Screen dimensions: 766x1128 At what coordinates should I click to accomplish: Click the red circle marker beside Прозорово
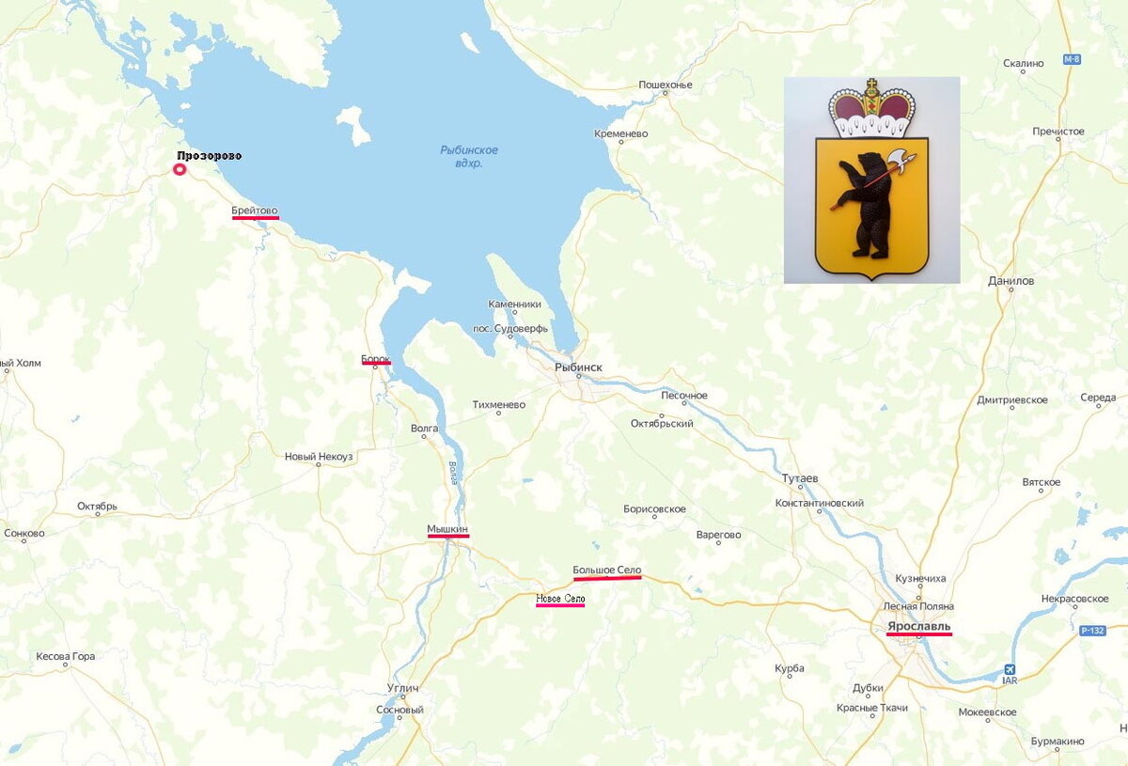(x=180, y=169)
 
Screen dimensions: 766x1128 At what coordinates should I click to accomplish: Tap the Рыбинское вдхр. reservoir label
(x=469, y=156)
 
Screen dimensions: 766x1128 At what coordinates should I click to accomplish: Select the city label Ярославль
(x=918, y=626)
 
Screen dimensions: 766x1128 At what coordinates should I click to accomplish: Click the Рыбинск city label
(x=578, y=367)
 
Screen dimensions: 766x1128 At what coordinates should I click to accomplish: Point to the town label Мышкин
(x=447, y=529)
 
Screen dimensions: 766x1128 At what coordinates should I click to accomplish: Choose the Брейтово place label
(x=255, y=211)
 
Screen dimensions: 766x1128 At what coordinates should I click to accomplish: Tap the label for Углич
(x=402, y=688)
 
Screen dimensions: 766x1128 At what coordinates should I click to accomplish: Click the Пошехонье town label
(x=666, y=85)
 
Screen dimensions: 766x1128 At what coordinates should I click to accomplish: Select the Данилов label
(x=1010, y=281)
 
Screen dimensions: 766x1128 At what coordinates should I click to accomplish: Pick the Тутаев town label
(x=801, y=478)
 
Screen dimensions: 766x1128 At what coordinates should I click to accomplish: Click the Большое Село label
(x=607, y=571)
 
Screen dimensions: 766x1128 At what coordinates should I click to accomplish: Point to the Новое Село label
(x=560, y=599)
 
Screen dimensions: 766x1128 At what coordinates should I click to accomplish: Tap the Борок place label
(x=375, y=359)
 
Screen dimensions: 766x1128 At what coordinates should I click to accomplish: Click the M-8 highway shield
(x=1072, y=59)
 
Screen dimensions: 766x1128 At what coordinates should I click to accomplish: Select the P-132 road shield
(x=1092, y=631)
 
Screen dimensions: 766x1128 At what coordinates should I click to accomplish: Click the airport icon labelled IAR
(x=1010, y=669)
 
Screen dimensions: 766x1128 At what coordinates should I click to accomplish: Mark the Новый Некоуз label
(x=319, y=457)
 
